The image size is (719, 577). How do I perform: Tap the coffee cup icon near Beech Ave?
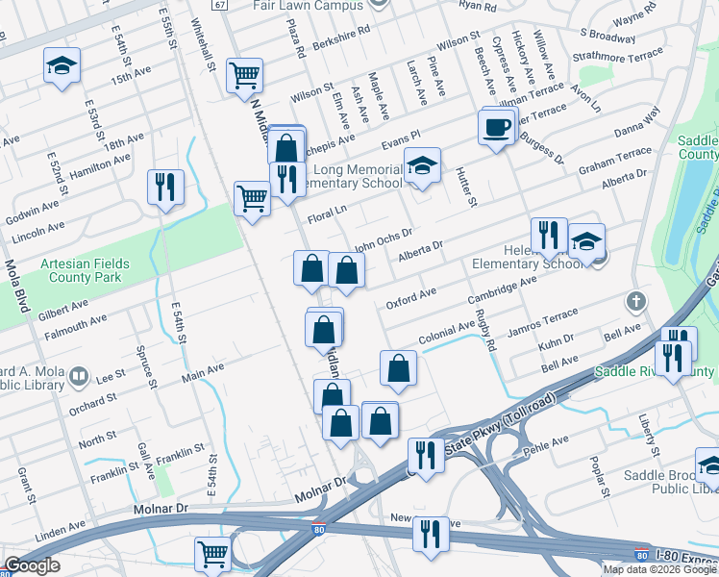[496, 127]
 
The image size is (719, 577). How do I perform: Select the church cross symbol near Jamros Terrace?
[634, 302]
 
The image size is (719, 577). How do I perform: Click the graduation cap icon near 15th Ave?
[62, 66]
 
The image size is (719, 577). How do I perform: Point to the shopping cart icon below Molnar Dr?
[212, 553]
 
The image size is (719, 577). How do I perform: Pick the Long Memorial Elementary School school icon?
[421, 166]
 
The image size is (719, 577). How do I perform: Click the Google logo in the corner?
[33, 565]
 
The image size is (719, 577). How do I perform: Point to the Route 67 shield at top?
[220, 5]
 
